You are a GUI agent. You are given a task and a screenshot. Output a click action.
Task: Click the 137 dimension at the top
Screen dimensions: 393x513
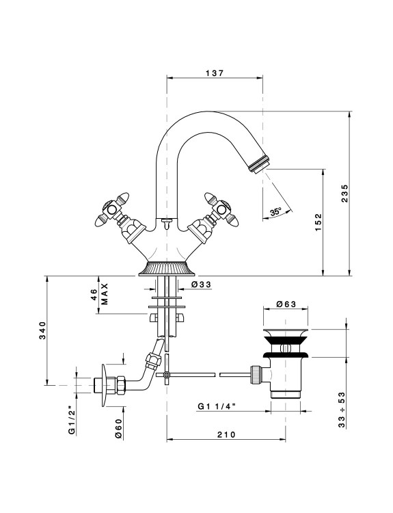pos(215,73)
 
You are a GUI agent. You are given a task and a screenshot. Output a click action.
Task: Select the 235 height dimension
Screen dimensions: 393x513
pos(345,194)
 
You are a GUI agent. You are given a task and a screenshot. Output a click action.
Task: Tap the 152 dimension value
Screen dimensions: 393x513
pos(319,222)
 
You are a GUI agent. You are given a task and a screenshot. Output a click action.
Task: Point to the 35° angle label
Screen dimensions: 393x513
pos(275,212)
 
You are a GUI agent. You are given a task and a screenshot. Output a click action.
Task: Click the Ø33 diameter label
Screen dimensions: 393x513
pos(201,285)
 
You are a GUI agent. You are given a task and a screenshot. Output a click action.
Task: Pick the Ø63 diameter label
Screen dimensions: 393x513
pos(286,304)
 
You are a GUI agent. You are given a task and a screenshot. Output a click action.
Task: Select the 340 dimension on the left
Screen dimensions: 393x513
pos(43,330)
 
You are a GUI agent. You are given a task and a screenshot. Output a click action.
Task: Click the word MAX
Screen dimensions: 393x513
pos(105,294)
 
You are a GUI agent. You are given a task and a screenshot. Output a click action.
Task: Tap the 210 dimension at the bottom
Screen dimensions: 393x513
pos(226,434)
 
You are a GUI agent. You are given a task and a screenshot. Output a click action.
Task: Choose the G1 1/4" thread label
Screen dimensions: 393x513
pos(217,406)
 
